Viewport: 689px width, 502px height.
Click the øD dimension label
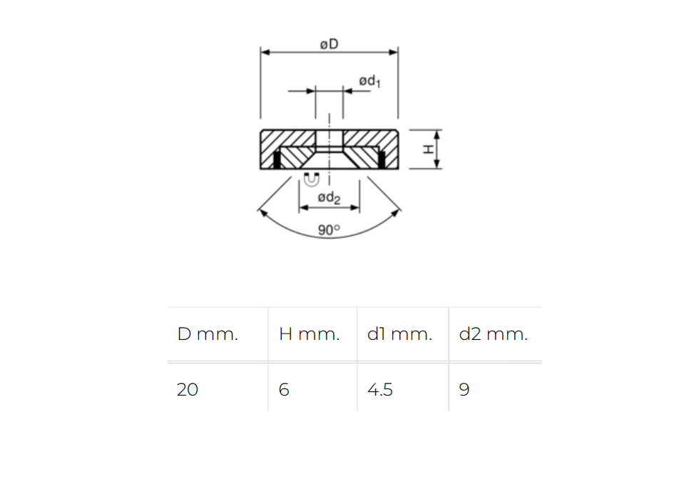329,44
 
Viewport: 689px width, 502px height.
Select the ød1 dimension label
369,82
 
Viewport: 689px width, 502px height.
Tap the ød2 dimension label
329,198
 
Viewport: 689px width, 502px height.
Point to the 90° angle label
329,230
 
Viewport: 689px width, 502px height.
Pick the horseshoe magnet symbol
311,179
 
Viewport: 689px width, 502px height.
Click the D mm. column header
208,334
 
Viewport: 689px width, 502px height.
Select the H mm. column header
310,334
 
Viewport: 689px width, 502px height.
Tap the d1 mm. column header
399,334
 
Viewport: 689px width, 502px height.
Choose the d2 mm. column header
494,334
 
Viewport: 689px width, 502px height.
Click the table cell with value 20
188,390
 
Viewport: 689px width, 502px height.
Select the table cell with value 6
284,390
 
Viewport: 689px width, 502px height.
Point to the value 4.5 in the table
380,390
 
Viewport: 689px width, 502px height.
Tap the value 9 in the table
464,390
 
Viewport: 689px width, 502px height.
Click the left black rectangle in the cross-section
277,161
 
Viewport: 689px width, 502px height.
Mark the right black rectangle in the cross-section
382,160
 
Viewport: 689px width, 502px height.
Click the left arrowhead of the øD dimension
265,52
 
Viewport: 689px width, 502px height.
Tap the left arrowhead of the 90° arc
261,211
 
